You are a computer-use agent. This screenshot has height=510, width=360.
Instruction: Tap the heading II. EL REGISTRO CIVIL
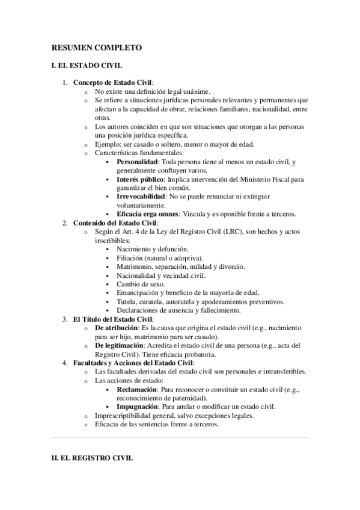tap(91, 458)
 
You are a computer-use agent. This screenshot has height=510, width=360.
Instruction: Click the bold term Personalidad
tap(138, 162)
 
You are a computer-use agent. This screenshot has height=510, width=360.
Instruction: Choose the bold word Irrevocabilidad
tap(141, 197)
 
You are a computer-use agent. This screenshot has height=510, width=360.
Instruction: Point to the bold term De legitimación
tap(120, 346)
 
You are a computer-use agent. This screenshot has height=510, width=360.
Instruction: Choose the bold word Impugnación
tap(140, 407)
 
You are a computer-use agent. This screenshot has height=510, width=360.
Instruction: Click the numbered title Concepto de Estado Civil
tap(112, 82)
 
